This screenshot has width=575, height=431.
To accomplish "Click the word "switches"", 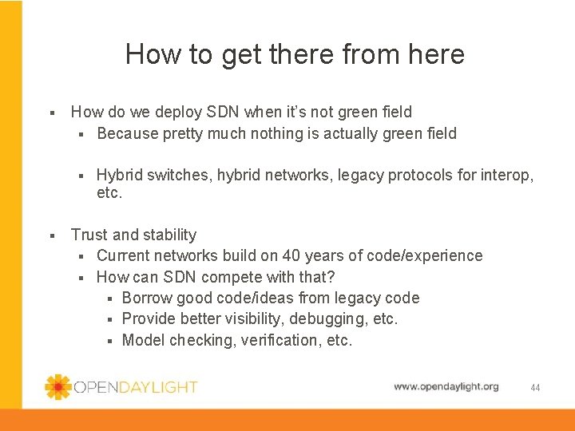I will point(180,175).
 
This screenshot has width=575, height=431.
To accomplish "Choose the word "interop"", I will point(506,175).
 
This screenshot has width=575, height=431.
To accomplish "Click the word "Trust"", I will point(89,235).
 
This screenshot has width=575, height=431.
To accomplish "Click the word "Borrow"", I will point(147,298).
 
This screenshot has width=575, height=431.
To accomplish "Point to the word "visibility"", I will point(262,318).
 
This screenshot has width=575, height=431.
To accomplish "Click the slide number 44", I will point(535,388).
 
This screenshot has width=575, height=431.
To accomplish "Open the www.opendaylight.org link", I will point(446,386).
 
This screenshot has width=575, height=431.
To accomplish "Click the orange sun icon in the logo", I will point(58,387).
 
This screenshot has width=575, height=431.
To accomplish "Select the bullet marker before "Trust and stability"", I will point(52,235).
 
